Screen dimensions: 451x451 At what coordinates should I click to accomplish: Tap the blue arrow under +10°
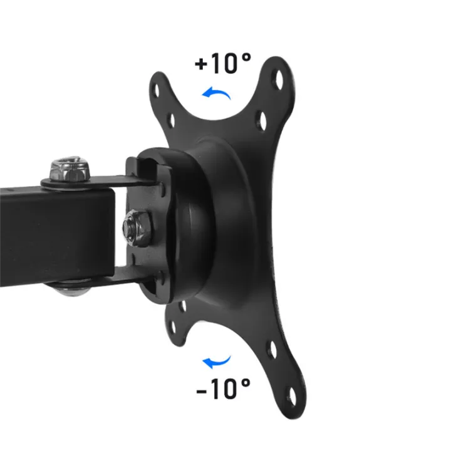(x=216, y=94)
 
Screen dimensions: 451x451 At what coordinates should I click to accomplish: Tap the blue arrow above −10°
(x=217, y=361)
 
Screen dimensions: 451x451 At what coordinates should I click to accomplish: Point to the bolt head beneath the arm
(x=68, y=290)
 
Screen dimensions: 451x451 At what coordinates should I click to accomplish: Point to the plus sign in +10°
(x=201, y=65)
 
